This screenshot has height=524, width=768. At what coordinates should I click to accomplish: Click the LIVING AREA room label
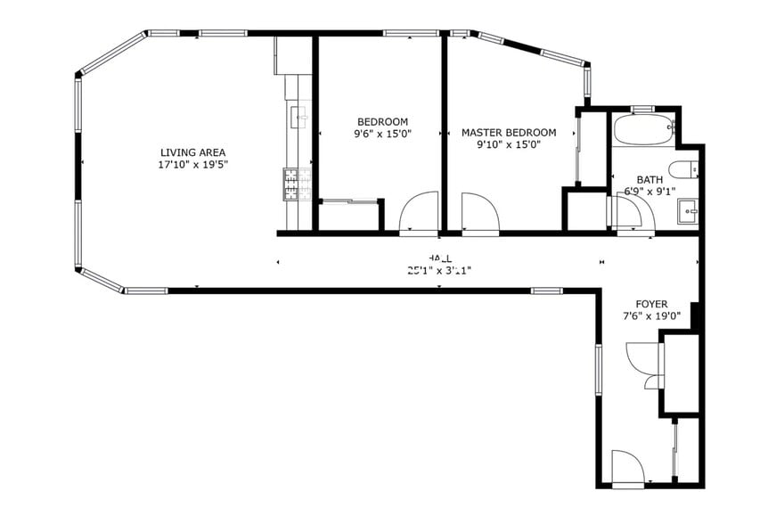point(192,152)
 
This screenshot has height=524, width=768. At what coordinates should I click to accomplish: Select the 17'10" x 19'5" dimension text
point(192,165)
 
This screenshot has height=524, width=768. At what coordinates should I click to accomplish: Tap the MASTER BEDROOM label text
point(509,133)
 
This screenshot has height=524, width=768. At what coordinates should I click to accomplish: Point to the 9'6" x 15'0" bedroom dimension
point(382,135)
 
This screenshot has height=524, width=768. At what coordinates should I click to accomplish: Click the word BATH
point(650,179)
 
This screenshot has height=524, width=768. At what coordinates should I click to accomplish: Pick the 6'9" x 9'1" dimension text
point(650,191)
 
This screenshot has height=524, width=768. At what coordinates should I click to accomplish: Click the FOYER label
point(650,304)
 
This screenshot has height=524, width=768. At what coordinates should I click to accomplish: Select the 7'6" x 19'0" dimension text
point(650,315)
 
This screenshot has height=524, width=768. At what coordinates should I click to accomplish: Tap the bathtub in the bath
point(644,130)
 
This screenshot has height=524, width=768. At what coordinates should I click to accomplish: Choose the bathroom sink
point(688,212)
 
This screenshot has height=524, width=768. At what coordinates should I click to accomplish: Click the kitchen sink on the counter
point(298,116)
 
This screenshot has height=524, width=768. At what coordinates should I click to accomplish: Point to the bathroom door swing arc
point(628,214)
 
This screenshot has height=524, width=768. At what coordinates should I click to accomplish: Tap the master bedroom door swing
point(480,213)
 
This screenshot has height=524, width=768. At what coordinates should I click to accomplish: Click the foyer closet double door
point(643,361)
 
